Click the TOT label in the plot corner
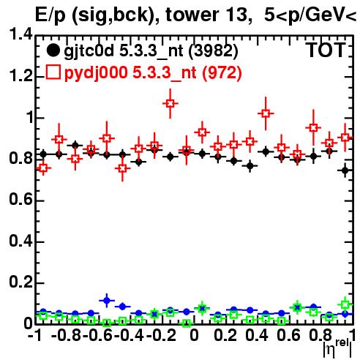click(x=326, y=50)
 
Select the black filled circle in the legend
click(x=53, y=50)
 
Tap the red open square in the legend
click(x=53, y=72)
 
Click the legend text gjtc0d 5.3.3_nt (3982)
click(x=151, y=51)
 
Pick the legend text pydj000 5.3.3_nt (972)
click(x=153, y=72)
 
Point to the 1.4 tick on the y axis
click(x=20, y=34)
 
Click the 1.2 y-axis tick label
click(x=20, y=76)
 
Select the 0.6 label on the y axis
click(x=20, y=200)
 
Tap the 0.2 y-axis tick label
click(x=20, y=282)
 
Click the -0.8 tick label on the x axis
click(x=67, y=336)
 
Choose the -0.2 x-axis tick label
click(x=161, y=336)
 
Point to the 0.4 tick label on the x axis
click(x=257, y=336)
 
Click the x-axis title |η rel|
click(x=337, y=348)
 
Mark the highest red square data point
click(x=170, y=103)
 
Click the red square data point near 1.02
click(x=266, y=113)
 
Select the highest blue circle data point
click(x=107, y=301)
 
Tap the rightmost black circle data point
click(x=345, y=170)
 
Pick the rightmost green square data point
click(x=345, y=304)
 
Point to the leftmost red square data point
click(x=43, y=168)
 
